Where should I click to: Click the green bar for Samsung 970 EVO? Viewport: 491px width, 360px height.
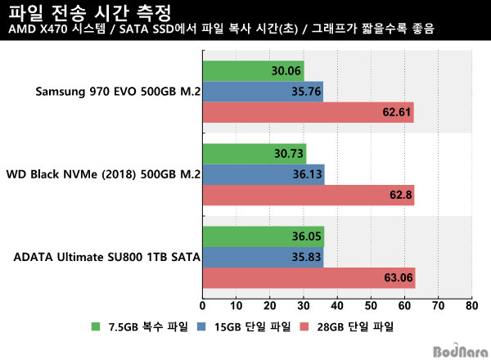(253, 70)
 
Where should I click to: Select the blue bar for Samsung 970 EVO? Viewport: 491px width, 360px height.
(263, 92)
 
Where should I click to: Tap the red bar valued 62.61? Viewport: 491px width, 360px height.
(308, 112)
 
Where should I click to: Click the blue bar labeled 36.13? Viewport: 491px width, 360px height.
(264, 174)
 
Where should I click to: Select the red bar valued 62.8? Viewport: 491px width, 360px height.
(308, 195)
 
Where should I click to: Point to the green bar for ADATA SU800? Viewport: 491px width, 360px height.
(263, 236)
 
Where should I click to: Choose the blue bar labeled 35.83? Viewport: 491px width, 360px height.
(263, 257)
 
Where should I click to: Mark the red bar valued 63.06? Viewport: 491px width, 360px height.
(309, 278)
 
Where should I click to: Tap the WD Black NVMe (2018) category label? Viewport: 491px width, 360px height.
(103, 174)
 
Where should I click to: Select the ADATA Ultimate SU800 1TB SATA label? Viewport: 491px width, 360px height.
(106, 257)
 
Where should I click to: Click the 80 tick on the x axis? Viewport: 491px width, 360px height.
(471, 305)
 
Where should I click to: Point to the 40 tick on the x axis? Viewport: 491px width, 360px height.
(336, 305)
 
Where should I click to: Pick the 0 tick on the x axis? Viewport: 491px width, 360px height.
(202, 305)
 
